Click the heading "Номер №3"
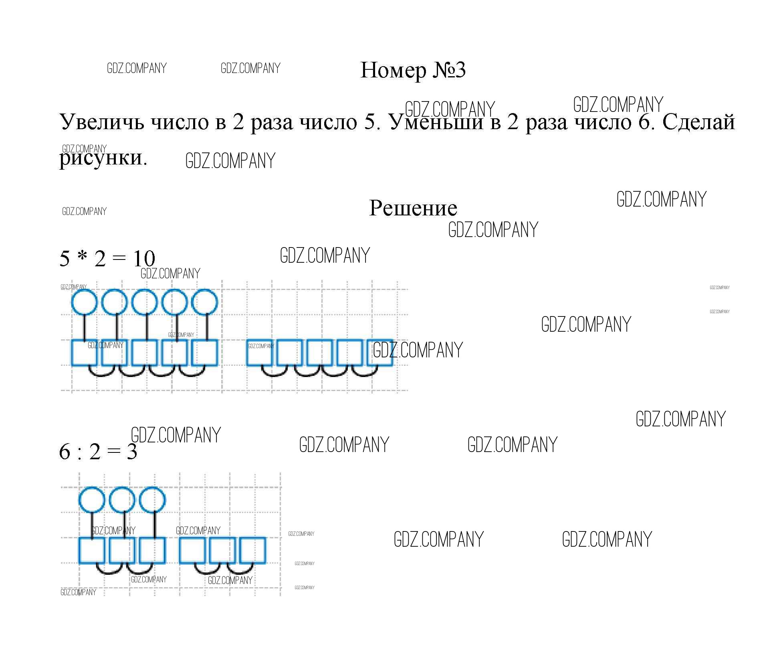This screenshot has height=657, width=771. (x=413, y=71)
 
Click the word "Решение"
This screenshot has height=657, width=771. (x=413, y=208)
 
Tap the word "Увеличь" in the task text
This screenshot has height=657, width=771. (x=102, y=122)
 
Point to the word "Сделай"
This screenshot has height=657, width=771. (x=698, y=122)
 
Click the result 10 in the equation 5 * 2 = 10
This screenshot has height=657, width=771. (x=144, y=259)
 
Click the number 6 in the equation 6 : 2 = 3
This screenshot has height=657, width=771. (x=65, y=452)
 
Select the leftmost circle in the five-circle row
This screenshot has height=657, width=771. (x=84, y=302)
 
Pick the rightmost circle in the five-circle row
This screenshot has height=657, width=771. (x=204, y=302)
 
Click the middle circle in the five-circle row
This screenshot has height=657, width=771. (x=144, y=302)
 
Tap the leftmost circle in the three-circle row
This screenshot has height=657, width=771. (x=92, y=500)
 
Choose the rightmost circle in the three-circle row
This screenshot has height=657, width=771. (x=152, y=500)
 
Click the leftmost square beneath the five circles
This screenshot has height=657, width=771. (x=84, y=353)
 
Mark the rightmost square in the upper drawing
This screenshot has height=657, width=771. (x=379, y=353)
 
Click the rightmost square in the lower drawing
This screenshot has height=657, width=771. (x=252, y=550)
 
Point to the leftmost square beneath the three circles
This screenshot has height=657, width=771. (x=92, y=550)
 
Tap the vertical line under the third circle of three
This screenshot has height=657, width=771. (x=155, y=525)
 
